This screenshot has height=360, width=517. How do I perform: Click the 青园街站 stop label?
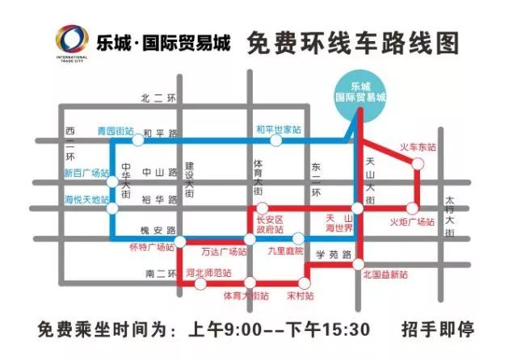pos(115,130)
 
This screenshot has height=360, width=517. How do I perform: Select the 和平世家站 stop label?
pos(279,129)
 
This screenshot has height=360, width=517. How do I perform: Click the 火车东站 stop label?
pos(418,148)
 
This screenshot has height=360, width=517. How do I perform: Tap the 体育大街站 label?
pos(246,296)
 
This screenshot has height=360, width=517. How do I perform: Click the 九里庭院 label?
pos(287,251)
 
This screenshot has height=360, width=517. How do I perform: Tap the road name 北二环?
pos(158,98)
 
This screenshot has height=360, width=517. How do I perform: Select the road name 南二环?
pos(157,275)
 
